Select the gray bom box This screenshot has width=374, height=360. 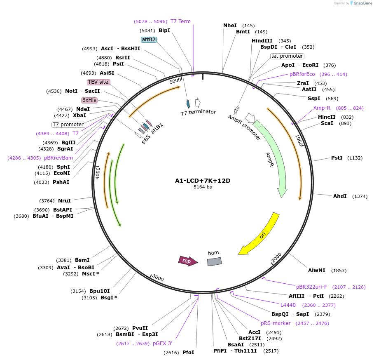(x=214, y=261)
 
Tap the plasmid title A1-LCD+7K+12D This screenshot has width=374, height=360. (x=203, y=181)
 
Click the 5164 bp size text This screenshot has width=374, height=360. (x=203, y=187)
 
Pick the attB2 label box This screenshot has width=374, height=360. (x=149, y=40)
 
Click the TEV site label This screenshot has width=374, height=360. (x=98, y=82)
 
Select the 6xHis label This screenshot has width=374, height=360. (x=89, y=100)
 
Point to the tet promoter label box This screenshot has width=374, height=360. (x=287, y=56)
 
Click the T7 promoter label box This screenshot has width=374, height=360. (x=68, y=125)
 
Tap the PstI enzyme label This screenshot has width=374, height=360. (x=337, y=158)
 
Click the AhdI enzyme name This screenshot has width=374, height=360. (x=340, y=196)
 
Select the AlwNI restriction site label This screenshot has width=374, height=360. (x=316, y=271)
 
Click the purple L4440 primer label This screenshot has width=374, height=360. (x=288, y=305)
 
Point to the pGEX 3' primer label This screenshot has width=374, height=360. (x=162, y=343)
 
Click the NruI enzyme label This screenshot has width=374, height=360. (x=64, y=201)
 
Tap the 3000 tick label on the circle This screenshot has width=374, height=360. (x=158, y=279)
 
